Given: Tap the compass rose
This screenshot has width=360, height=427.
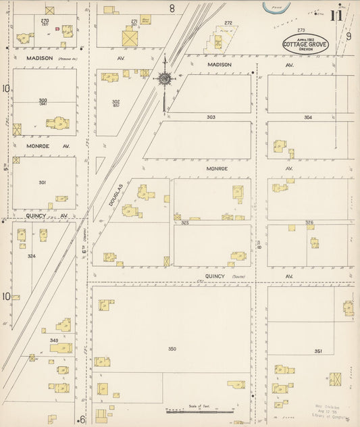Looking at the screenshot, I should pyautogui.click(x=163, y=79).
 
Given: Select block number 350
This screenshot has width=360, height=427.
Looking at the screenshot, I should pyautogui.click(x=172, y=349).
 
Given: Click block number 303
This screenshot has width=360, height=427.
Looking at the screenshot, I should pyautogui.click(x=211, y=117).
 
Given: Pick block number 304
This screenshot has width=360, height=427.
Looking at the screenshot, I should pyautogui.click(x=308, y=117).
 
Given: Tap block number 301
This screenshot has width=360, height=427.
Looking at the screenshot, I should pyautogui.click(x=43, y=182).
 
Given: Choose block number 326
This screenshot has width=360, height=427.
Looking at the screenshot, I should pyautogui.click(x=309, y=222).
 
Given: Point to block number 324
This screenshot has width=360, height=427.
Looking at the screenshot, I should pyautogui.click(x=31, y=256).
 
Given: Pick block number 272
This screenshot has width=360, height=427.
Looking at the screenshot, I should pyautogui.click(x=228, y=23).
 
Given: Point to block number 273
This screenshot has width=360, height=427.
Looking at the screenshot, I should pyautogui.click(x=301, y=30).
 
